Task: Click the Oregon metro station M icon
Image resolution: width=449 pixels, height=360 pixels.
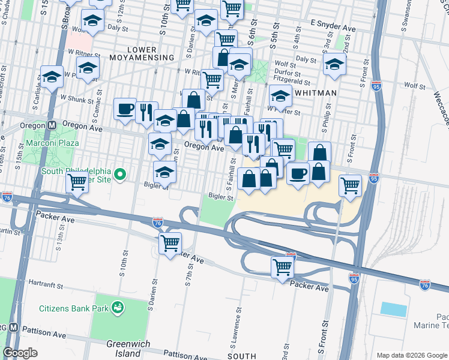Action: (52, 125)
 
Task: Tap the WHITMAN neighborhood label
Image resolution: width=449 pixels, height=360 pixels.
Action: (315, 93)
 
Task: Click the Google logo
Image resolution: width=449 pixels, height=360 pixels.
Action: (20, 353)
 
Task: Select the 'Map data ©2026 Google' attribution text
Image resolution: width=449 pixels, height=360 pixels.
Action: (411, 355)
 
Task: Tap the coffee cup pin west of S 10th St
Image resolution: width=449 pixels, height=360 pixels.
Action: (125, 109)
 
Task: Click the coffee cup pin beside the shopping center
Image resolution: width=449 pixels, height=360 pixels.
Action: (298, 174)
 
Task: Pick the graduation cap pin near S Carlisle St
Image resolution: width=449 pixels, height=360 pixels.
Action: (52, 77)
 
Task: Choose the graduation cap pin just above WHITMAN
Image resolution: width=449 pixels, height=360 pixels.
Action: (280, 95)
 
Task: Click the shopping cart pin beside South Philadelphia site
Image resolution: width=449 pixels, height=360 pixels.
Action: (77, 182)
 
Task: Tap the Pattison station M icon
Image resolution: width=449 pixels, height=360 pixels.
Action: (12, 329)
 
